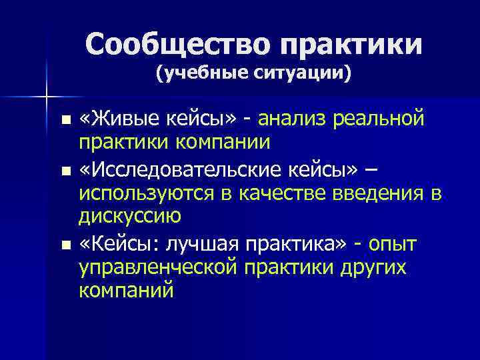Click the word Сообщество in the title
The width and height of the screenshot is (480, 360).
(179, 45)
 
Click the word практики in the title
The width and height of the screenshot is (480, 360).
(352, 45)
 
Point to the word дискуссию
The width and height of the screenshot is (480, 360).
(129, 215)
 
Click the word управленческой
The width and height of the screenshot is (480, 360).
(157, 267)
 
